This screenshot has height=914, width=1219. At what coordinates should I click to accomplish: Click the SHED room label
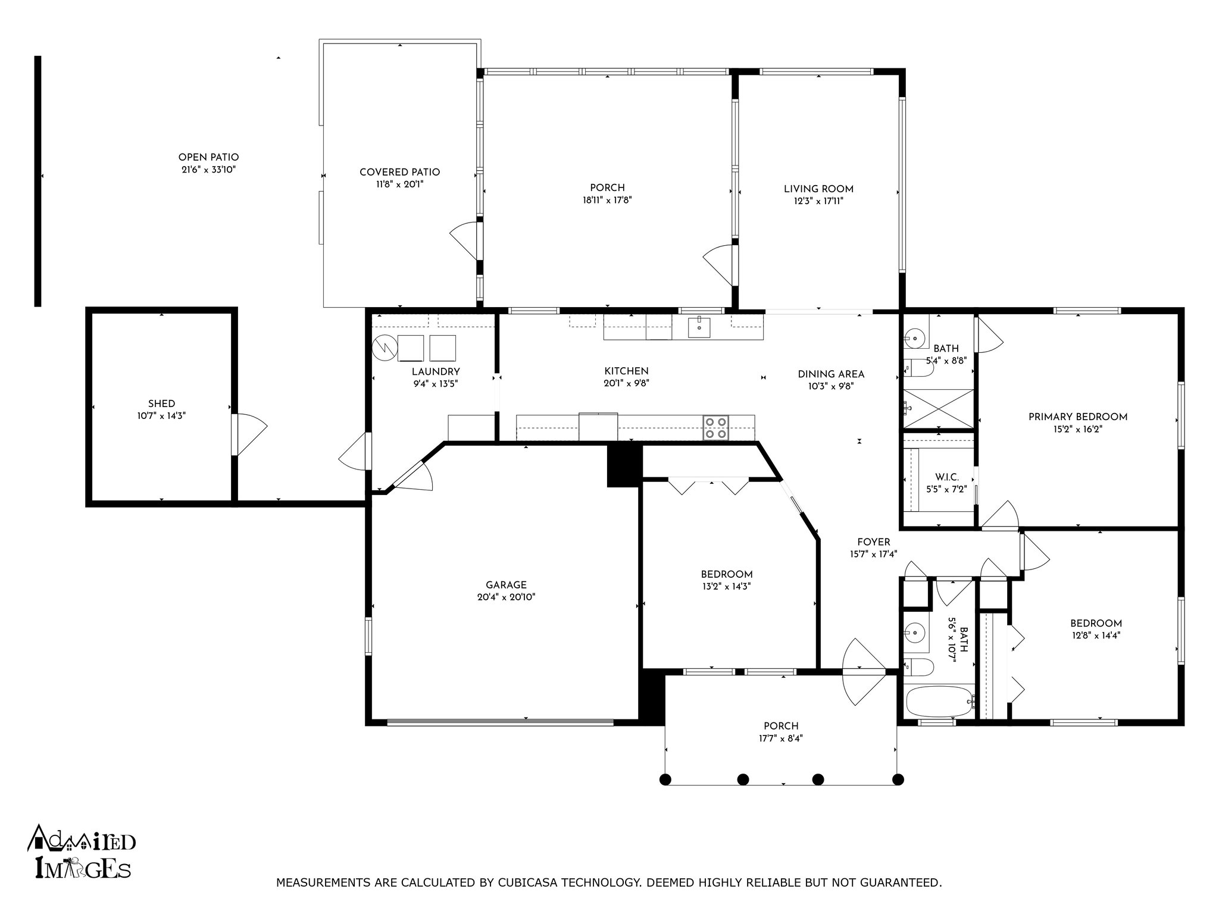click(162, 403)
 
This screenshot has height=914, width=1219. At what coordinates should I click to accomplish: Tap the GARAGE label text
click(506, 585)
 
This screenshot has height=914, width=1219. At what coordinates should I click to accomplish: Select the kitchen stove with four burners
click(716, 428)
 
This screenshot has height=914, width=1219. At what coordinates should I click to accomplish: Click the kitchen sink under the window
click(699, 327)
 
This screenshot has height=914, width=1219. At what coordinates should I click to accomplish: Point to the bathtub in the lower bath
click(940, 702)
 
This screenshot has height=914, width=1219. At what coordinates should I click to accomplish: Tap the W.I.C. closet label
click(946, 477)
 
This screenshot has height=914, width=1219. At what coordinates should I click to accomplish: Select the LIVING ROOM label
click(818, 189)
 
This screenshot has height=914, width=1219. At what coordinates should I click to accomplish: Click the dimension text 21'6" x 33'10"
click(208, 170)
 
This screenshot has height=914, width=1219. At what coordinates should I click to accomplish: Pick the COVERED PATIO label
click(399, 173)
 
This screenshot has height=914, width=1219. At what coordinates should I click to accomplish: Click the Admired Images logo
click(82, 852)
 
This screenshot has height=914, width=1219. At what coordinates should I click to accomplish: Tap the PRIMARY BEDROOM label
click(1078, 417)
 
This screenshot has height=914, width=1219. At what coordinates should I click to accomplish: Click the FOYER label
click(874, 542)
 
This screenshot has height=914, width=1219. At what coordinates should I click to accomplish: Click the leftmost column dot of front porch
click(665, 779)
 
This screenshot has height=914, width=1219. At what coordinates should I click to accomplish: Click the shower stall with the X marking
click(939, 408)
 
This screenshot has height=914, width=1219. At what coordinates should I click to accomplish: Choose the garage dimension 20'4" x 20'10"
click(506, 597)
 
